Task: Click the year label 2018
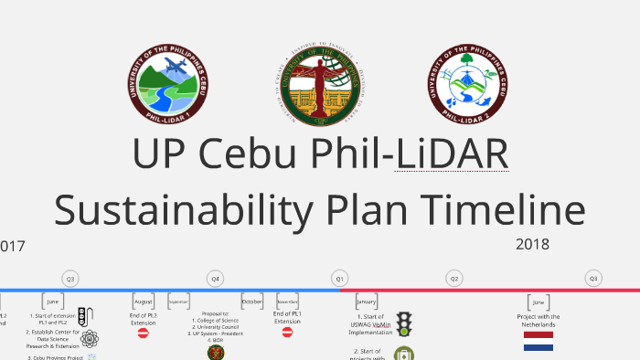(532, 244)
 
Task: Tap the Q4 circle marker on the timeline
(215, 278)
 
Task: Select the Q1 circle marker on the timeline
(339, 278)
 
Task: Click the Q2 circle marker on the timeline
(453, 278)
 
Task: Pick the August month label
(144, 301)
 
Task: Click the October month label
(251, 301)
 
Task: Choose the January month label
(367, 301)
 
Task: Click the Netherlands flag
(539, 341)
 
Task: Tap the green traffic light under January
(403, 324)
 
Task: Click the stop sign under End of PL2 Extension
(143, 334)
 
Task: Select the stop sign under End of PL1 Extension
(287, 334)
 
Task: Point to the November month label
(287, 301)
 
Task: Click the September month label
(178, 301)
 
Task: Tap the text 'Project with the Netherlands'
(539, 321)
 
